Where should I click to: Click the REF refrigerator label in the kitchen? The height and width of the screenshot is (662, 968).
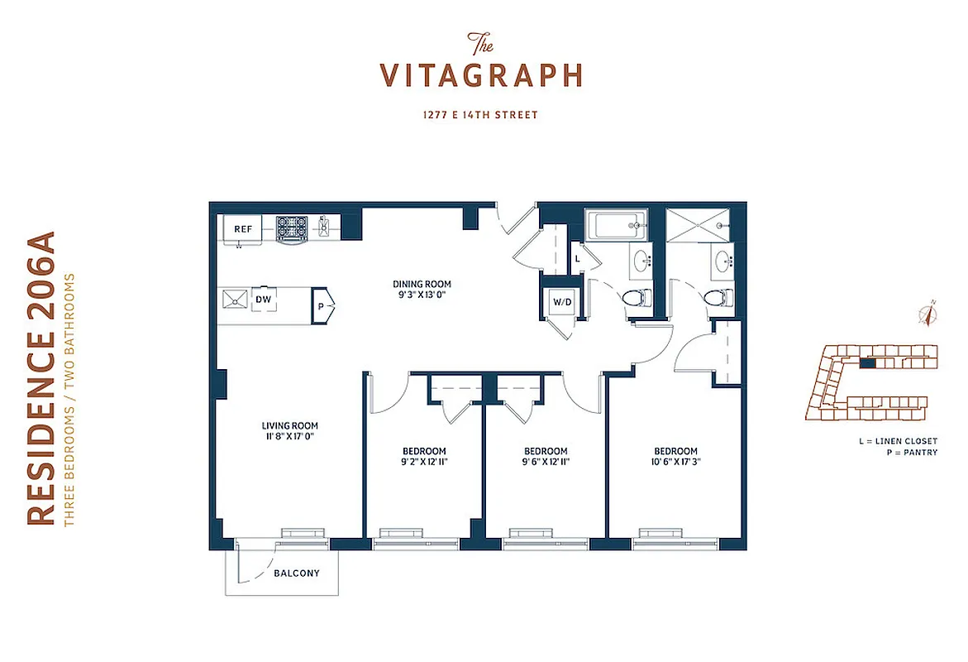(x=242, y=228)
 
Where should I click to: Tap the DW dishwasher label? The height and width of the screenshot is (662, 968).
(x=263, y=300)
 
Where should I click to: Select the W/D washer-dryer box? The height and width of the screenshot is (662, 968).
(x=562, y=302)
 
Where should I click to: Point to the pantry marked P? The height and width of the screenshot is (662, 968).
(x=322, y=306)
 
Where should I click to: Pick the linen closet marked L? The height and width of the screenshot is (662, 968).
(x=577, y=259)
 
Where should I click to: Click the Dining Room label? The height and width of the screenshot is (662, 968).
(x=422, y=285)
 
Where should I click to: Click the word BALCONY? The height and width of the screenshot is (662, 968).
(x=296, y=573)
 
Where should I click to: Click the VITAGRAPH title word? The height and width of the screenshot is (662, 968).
(x=481, y=76)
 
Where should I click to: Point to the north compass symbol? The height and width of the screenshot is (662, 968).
(x=930, y=314)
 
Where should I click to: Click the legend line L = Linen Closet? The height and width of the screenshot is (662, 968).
(x=898, y=442)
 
